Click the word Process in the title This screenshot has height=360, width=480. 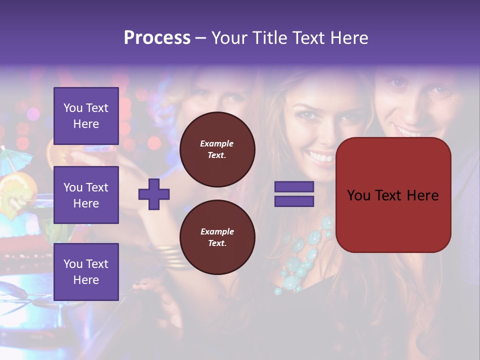pyautogui.click(x=157, y=38)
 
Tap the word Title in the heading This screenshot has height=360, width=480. pyautogui.click(x=270, y=38)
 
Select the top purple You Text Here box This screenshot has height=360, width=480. pyautogui.click(x=86, y=116)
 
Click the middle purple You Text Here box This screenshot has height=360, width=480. pyautogui.click(x=86, y=195)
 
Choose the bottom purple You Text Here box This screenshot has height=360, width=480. pyautogui.click(x=86, y=272)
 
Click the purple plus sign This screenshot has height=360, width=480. pyautogui.click(x=154, y=194)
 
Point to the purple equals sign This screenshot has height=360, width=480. pyautogui.click(x=294, y=194)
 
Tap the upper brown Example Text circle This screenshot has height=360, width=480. pyautogui.click(x=217, y=149)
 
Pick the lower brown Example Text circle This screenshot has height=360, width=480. pyautogui.click(x=217, y=237)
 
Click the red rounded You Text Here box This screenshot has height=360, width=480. pyautogui.click(x=393, y=195)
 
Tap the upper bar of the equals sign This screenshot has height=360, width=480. pyautogui.click(x=294, y=187)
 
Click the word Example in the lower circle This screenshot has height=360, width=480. pyautogui.click(x=217, y=231)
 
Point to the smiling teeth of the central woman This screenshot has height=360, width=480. pyautogui.click(x=320, y=158)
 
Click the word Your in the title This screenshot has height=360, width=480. pyautogui.click(x=230, y=38)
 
